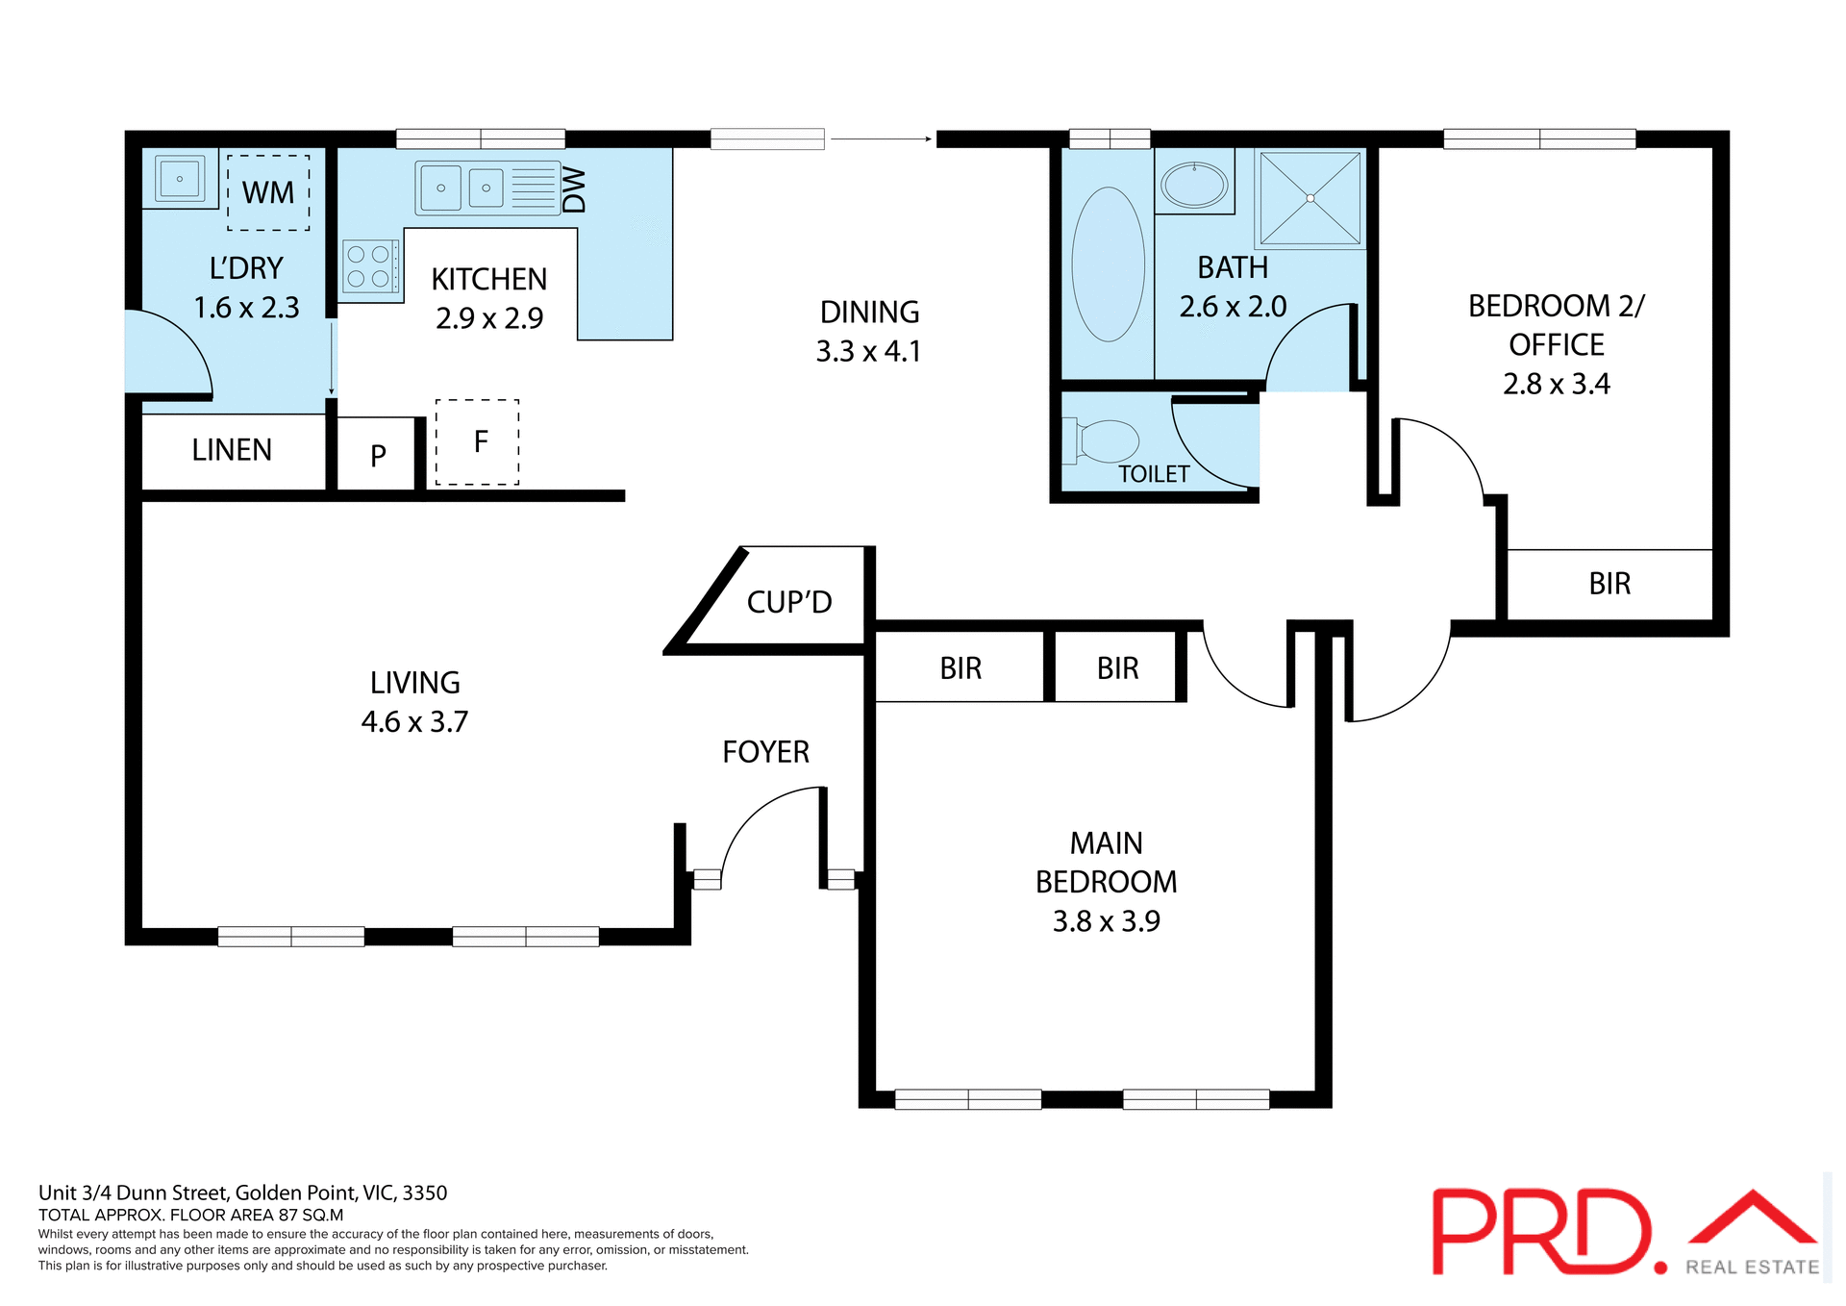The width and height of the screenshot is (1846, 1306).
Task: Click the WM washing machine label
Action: pyautogui.click(x=268, y=192)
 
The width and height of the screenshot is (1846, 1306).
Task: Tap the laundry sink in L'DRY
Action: pyautogui.click(x=180, y=179)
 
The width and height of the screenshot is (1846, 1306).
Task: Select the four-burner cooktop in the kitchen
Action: pyautogui.click(x=369, y=267)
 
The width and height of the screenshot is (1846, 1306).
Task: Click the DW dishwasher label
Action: pyautogui.click(x=574, y=189)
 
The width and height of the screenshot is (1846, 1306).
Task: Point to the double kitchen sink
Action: pyautogui.click(x=463, y=188)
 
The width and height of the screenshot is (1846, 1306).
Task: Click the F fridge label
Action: pyautogui.click(x=481, y=441)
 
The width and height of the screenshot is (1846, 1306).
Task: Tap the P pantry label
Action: pyautogui.click(x=378, y=455)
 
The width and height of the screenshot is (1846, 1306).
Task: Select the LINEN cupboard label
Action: pyautogui.click(x=232, y=450)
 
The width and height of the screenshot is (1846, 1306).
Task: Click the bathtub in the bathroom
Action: pyautogui.click(x=1108, y=264)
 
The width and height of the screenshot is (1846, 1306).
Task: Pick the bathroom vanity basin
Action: pyautogui.click(x=1194, y=185)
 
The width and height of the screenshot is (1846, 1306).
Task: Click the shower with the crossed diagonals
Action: pyautogui.click(x=1310, y=198)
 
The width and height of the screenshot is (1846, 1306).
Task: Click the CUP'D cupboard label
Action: pyautogui.click(x=788, y=602)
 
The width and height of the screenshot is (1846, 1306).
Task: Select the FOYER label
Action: pyautogui.click(x=765, y=752)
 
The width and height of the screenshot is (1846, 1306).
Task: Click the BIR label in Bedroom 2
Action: pyautogui.click(x=1609, y=584)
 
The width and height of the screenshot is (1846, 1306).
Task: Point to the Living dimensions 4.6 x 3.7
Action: pyautogui.click(x=414, y=722)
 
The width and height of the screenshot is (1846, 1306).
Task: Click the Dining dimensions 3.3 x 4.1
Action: pyautogui.click(x=868, y=352)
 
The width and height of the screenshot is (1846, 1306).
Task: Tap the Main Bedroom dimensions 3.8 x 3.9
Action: pyautogui.click(x=1106, y=921)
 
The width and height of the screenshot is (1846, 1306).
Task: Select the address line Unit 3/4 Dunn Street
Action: pyautogui.click(x=242, y=1193)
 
